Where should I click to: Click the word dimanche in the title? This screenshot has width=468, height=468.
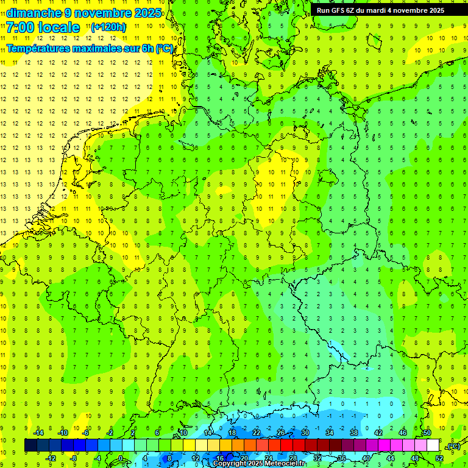[34, 13]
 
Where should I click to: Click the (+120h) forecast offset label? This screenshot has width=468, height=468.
[108, 27]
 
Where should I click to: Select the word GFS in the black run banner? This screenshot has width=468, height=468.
[338, 10]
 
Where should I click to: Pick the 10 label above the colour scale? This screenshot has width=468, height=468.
[183, 433]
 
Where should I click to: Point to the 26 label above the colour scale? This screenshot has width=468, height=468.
[280, 433]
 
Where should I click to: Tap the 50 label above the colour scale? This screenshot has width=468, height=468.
[427, 433]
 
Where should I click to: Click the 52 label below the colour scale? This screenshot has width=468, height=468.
[439, 458]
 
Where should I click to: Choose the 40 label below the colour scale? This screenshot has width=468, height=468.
[366, 458]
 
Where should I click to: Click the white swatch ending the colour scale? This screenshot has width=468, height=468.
[433, 445]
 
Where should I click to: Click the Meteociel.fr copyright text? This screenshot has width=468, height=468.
[268, 464]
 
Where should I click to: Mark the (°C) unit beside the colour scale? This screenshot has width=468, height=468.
[453, 446]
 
